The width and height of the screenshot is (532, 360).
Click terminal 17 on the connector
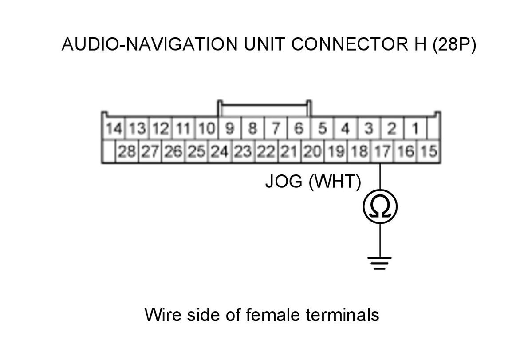(x=380, y=152)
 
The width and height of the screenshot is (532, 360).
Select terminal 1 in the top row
(x=415, y=129)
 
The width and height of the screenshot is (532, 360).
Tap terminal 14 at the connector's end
(x=114, y=129)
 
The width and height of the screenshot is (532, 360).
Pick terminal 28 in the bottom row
(x=127, y=152)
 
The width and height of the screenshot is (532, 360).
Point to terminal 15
(x=429, y=152)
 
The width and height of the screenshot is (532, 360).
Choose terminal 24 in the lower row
(x=220, y=152)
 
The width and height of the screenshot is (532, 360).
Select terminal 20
(x=312, y=152)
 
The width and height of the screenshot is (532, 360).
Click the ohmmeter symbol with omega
(x=380, y=206)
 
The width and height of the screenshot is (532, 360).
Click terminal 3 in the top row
(x=368, y=129)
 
